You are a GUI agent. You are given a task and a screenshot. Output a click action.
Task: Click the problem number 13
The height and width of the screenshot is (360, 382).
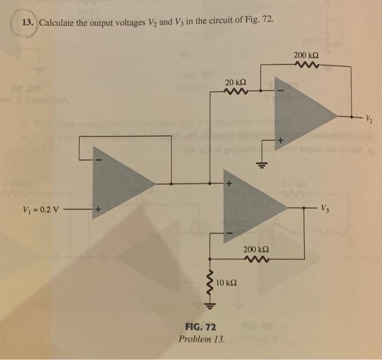27,23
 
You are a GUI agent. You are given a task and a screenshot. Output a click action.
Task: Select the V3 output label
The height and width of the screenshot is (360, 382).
325,207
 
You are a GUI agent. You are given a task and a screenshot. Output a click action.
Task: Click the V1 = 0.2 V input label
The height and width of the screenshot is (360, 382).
43,209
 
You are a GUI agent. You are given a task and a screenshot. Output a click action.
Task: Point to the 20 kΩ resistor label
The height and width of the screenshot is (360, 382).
235,82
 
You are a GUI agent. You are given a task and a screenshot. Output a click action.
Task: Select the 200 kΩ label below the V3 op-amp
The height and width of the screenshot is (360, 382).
255,249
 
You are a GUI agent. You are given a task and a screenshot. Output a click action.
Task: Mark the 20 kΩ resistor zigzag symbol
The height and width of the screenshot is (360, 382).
235,92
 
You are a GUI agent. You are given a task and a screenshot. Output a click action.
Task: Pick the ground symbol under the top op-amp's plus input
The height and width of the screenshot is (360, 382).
261,164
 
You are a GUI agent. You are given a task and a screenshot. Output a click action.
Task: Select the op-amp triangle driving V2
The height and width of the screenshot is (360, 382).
303,115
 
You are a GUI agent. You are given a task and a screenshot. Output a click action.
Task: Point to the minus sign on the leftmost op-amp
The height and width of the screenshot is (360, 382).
99,160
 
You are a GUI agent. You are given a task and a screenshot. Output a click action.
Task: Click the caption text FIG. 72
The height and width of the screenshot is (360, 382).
201,327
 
